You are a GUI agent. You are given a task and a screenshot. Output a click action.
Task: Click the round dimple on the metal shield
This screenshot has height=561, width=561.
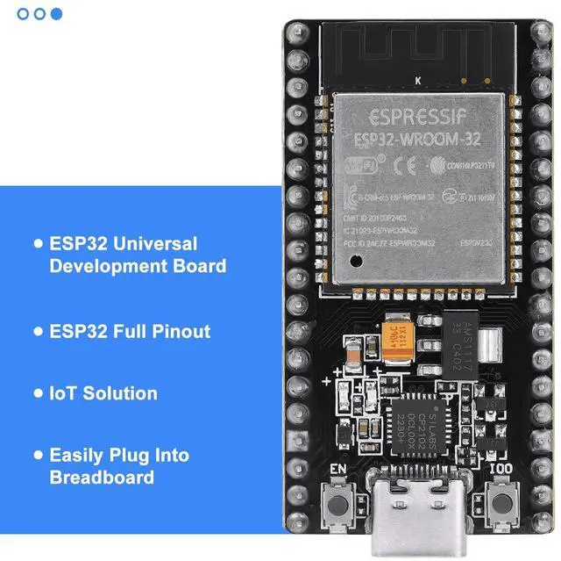357,259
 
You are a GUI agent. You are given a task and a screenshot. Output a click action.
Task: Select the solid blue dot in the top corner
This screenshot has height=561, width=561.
57,13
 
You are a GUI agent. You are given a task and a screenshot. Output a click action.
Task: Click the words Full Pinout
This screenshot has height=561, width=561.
164,331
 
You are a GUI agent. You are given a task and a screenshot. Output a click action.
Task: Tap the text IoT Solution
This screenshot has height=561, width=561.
103,393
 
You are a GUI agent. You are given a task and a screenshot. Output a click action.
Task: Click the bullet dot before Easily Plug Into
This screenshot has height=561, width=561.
37,457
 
